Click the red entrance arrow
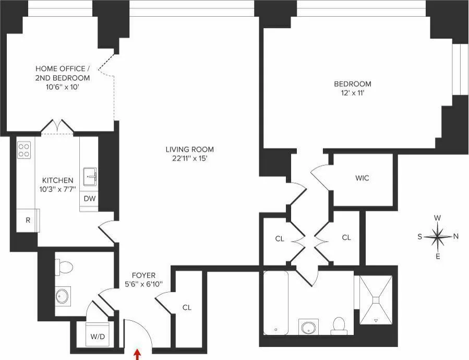click(x=137, y=355)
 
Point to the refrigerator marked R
click(x=28, y=220)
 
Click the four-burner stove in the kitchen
click(x=25, y=150)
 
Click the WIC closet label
click(x=362, y=178)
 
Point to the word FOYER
click(x=143, y=275)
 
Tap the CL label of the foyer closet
click(x=187, y=308)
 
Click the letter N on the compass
click(x=456, y=236)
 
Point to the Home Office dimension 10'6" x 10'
click(x=62, y=87)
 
